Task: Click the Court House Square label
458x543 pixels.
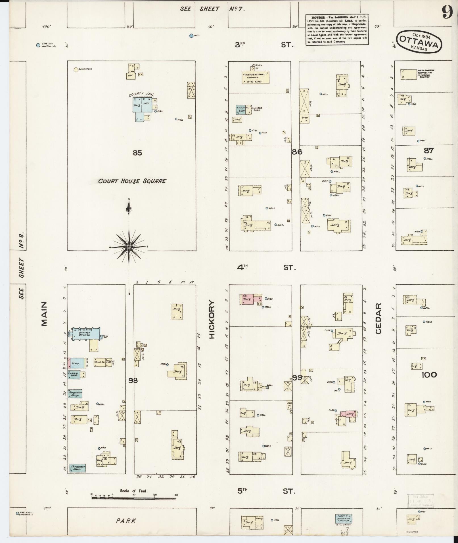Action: click(x=132, y=181)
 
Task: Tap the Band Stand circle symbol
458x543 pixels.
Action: click(x=76, y=69)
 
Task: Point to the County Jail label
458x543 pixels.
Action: click(x=137, y=95)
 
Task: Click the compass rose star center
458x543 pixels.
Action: click(x=129, y=247)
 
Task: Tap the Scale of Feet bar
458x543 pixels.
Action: click(x=133, y=498)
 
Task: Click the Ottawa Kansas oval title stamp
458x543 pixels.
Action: click(x=420, y=41)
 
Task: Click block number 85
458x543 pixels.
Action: click(x=137, y=153)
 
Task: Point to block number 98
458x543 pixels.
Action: click(x=133, y=380)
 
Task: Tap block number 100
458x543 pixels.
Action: click(x=429, y=375)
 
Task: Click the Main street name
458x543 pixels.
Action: click(x=44, y=314)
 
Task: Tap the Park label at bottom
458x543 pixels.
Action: click(x=126, y=521)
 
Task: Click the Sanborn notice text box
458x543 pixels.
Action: click(x=337, y=30)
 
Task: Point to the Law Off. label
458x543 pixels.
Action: click(x=131, y=74)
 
